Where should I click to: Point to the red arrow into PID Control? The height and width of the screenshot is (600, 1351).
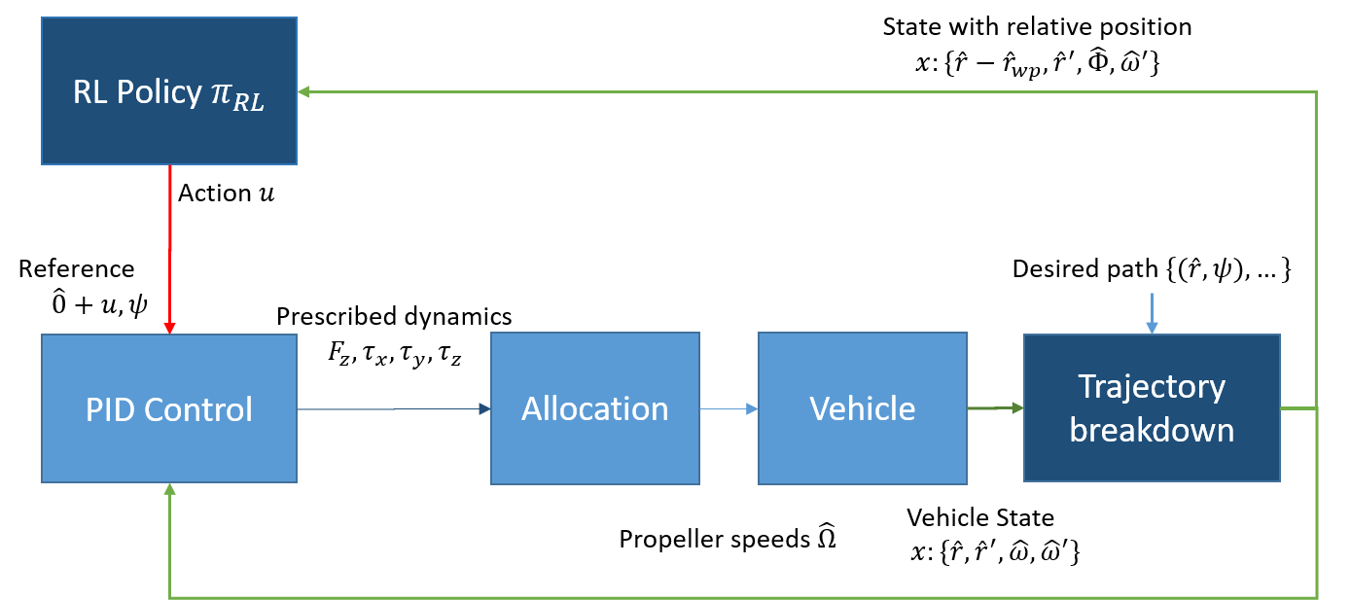click(x=170, y=248)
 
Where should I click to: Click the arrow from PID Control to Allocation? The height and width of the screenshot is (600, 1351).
click(x=389, y=409)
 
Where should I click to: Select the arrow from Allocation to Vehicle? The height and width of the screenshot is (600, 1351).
click(x=728, y=409)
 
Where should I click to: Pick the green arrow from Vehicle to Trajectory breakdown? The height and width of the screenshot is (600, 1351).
click(x=994, y=408)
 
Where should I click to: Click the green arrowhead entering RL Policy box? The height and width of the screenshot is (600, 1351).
click(x=303, y=91)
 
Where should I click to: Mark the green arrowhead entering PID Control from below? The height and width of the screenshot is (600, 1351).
click(x=170, y=490)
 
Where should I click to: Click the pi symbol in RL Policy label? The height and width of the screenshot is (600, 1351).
click(x=220, y=92)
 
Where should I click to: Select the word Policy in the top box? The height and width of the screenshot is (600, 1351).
click(x=159, y=92)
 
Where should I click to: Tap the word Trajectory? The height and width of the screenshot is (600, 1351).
click(x=1151, y=386)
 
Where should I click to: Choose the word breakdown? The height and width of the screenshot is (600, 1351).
click(x=1151, y=430)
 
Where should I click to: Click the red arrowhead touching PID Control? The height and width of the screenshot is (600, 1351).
click(x=169, y=328)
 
